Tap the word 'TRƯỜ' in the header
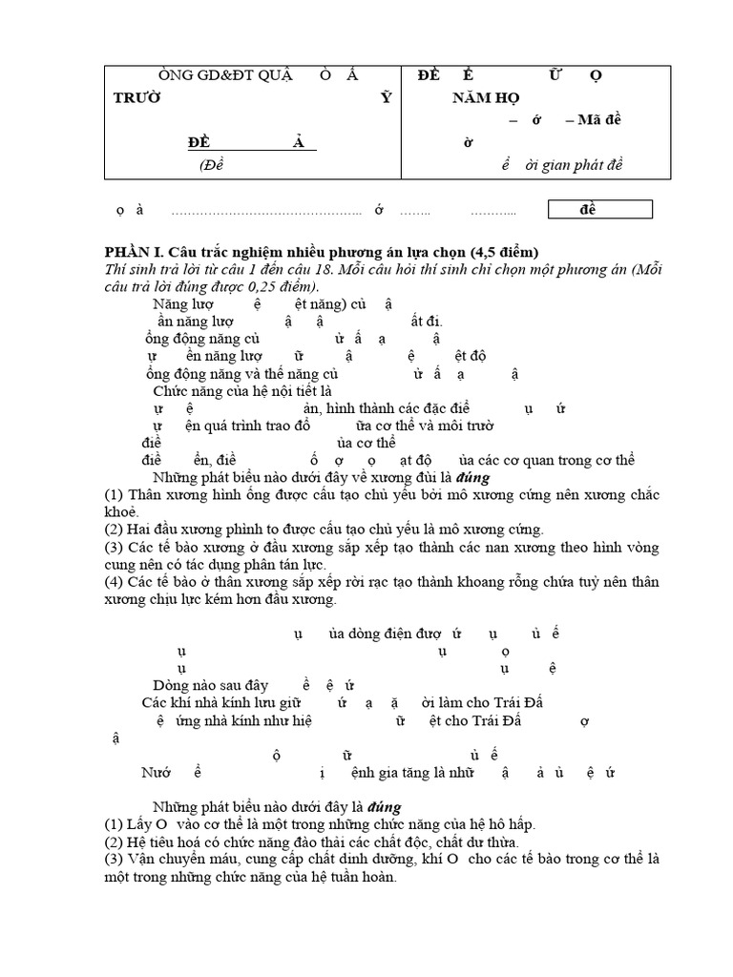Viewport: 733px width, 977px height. coord(136,97)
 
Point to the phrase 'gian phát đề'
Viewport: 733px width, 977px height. coord(591,164)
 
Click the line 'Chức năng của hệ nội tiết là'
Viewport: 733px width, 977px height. coord(242,390)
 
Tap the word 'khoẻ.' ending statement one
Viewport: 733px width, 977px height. coord(122,511)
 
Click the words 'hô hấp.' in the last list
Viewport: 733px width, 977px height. coord(510,824)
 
